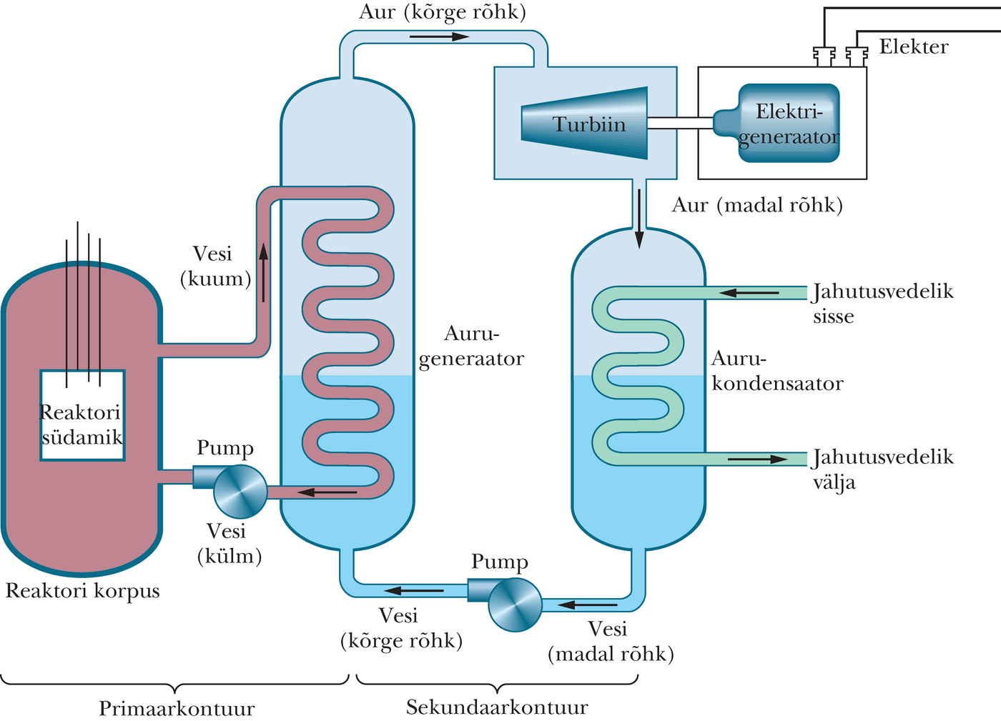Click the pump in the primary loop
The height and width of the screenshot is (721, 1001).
pyautogui.click(x=240, y=491)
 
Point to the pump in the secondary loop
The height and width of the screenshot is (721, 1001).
pyautogui.click(x=514, y=605)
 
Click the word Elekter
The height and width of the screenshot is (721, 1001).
pyautogui.click(x=913, y=47)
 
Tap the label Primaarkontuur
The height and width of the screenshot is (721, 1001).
pyautogui.click(x=176, y=709)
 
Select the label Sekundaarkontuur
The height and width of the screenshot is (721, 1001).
pyautogui.click(x=497, y=708)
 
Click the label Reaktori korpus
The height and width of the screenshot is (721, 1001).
pyautogui.click(x=82, y=591)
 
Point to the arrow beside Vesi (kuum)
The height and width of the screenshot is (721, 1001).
pyautogui.click(x=263, y=272)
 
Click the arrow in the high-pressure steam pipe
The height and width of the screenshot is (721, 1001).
pyautogui.click(x=439, y=36)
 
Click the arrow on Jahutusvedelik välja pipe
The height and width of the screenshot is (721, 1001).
pyautogui.click(x=757, y=459)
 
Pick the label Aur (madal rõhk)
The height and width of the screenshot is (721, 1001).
pyautogui.click(x=757, y=206)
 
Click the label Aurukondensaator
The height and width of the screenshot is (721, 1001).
pyautogui.click(x=776, y=371)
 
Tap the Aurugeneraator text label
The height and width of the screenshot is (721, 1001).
pyautogui.click(x=471, y=346)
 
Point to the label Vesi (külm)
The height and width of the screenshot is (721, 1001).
pyautogui.click(x=229, y=544)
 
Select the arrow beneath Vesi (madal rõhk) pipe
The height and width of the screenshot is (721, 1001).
pyautogui.click(x=587, y=605)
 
